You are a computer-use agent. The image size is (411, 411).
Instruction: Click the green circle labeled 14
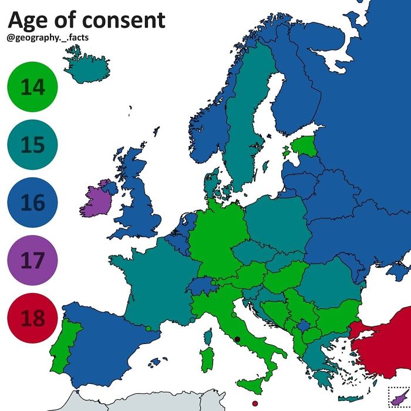(32, 87)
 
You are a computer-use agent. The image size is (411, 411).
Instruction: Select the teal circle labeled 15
(32, 145)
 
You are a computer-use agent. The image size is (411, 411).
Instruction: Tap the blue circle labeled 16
(32, 203)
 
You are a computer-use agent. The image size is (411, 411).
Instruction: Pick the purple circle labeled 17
(32, 260)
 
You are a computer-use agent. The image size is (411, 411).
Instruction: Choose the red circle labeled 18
(32, 318)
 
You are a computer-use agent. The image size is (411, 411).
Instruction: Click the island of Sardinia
(207, 359)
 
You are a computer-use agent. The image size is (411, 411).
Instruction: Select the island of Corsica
(207, 336)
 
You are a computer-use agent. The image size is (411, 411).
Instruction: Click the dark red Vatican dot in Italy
(237, 339)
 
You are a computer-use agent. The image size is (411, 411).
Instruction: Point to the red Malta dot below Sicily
(254, 403)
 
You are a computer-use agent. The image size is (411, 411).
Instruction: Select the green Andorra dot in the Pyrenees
(149, 328)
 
